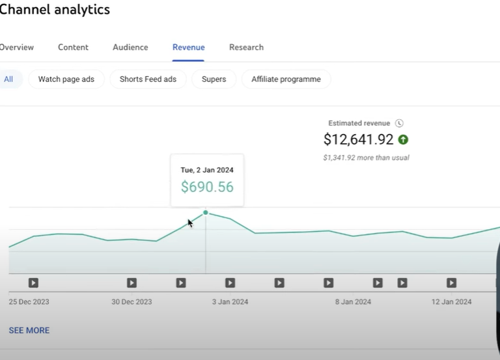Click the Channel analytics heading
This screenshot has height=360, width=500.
coord(55,10)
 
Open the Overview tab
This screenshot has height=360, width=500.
coord(16,48)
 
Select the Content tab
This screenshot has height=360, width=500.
coord(73,48)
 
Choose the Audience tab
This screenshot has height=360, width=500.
coord(130,48)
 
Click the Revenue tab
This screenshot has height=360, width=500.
coord(188,48)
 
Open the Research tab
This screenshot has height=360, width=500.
coord(246,48)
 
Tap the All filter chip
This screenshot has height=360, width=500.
coord(8,79)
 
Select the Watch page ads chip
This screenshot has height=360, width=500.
coord(66,79)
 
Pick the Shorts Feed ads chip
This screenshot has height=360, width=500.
coord(148,79)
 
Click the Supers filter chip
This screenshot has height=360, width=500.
coord(214,79)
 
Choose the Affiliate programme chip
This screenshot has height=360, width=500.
coord(286,79)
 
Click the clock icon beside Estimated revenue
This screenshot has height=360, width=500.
coord(400,123)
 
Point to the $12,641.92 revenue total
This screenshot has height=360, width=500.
coord(358,139)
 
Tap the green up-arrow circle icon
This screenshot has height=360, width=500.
coord(403,139)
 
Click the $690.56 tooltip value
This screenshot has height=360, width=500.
coord(207,187)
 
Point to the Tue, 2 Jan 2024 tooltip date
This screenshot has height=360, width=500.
coord(207,170)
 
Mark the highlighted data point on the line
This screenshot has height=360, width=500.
coord(206,213)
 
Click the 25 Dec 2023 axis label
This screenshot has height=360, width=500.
coord(29,302)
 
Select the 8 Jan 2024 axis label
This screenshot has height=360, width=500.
coord(353,302)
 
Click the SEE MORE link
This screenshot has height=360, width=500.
coord(29,331)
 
